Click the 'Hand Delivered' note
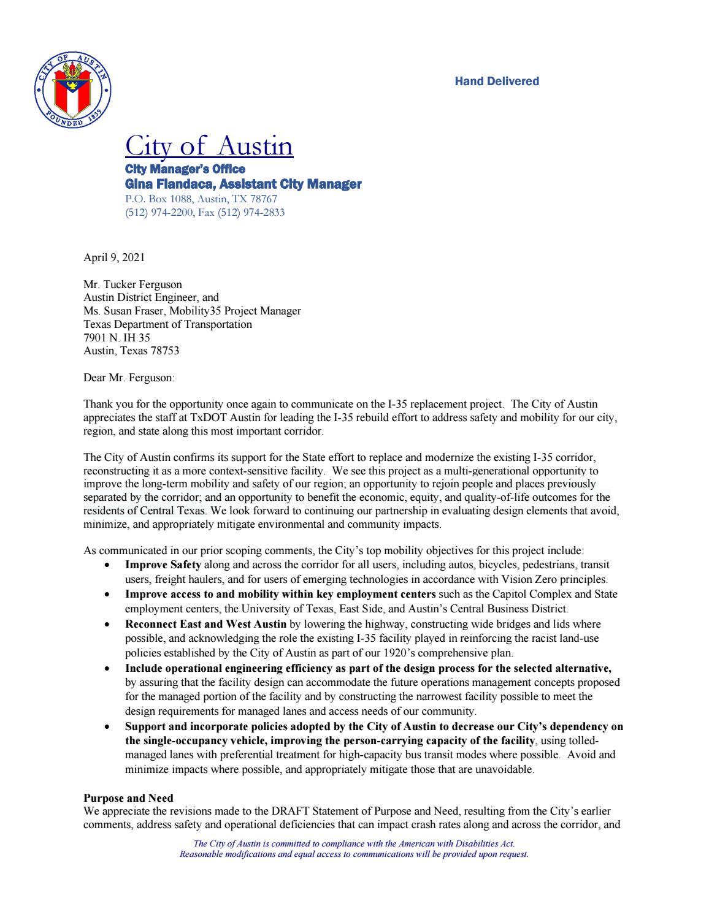pyautogui.click(x=497, y=82)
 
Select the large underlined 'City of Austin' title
pyautogui.click(x=209, y=146)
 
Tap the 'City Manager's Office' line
pyautogui.click(x=185, y=169)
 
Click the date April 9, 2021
pyautogui.click(x=114, y=257)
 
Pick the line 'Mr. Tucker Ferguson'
pyautogui.click(x=132, y=284)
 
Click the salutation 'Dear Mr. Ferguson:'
pyautogui.click(x=129, y=378)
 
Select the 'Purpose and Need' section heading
pyautogui.click(x=128, y=798)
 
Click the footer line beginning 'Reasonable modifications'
pyautogui.click(x=353, y=854)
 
